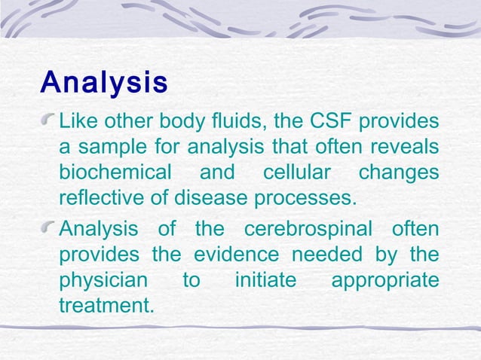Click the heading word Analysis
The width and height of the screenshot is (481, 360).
coord(104,82)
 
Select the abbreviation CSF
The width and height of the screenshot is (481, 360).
coord(333,121)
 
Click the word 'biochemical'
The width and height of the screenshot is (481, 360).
coord(115,172)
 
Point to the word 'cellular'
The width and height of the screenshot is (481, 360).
coord(296,172)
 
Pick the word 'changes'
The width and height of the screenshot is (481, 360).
coord(398,172)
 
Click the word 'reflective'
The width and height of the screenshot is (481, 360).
coord(98,198)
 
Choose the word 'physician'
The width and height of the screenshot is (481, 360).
coord(103,281)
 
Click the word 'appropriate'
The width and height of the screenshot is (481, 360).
coord(384,281)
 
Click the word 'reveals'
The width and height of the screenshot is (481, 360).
coord(408,147)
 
